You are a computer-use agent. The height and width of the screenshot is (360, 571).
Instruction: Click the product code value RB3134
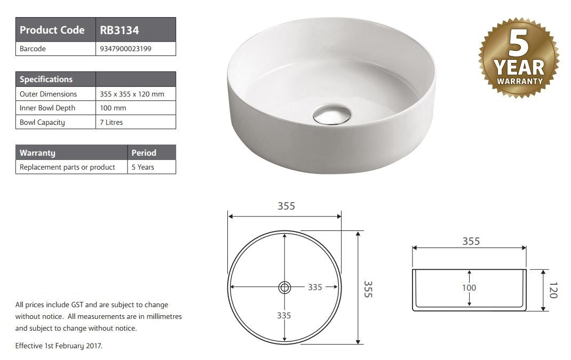coord(120,30)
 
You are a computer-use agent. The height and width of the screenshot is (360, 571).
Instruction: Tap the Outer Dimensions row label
coord(48,94)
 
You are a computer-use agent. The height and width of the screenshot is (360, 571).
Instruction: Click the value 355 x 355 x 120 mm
coord(132,94)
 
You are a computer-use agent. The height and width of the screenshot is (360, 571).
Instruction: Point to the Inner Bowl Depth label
coord(47,108)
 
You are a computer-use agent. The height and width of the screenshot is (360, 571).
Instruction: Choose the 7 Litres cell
coord(112,122)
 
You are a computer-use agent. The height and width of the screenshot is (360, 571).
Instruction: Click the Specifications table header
coord(46,79)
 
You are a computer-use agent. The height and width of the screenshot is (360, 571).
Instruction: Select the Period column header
coord(144,153)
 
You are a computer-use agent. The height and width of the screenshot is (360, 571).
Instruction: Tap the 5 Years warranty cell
coord(143,167)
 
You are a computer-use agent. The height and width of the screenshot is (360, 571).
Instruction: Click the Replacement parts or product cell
coord(67,167)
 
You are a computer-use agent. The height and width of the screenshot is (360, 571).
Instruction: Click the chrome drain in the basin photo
coord(332,115)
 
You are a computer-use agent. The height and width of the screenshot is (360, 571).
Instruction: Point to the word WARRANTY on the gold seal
coord(519,82)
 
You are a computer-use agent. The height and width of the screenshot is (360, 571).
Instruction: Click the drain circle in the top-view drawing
coord(284,287)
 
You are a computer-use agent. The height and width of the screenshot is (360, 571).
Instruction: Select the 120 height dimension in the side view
coord(552,290)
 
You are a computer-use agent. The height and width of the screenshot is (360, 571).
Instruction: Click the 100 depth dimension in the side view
coord(469,288)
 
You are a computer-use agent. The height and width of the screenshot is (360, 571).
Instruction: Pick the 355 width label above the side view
coord(471,241)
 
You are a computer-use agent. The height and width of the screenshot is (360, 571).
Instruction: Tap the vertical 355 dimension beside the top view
coord(368,288)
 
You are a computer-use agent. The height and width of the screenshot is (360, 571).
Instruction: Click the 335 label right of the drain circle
coord(315,287)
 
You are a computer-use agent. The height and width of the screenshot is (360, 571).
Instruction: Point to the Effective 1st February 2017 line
coord(59,346)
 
